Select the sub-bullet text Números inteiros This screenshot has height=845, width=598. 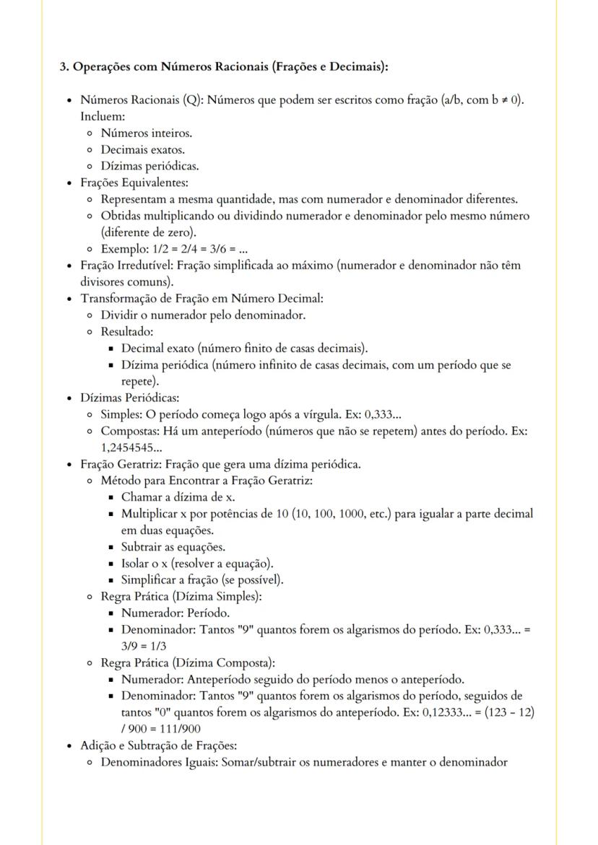(146, 133)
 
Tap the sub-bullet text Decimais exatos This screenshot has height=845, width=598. (142, 149)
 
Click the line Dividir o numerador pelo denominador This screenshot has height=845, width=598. (203, 315)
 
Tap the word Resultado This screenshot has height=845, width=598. (126, 332)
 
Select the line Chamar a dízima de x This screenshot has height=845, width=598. (178, 496)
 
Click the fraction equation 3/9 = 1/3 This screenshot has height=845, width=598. (144, 646)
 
